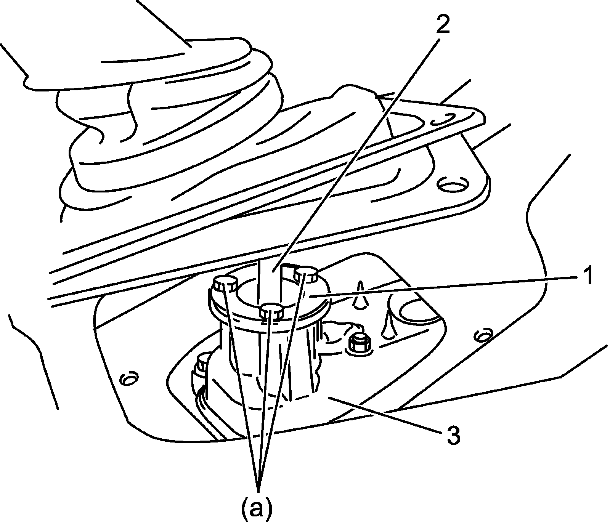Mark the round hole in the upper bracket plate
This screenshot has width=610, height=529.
coord(452,185)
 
